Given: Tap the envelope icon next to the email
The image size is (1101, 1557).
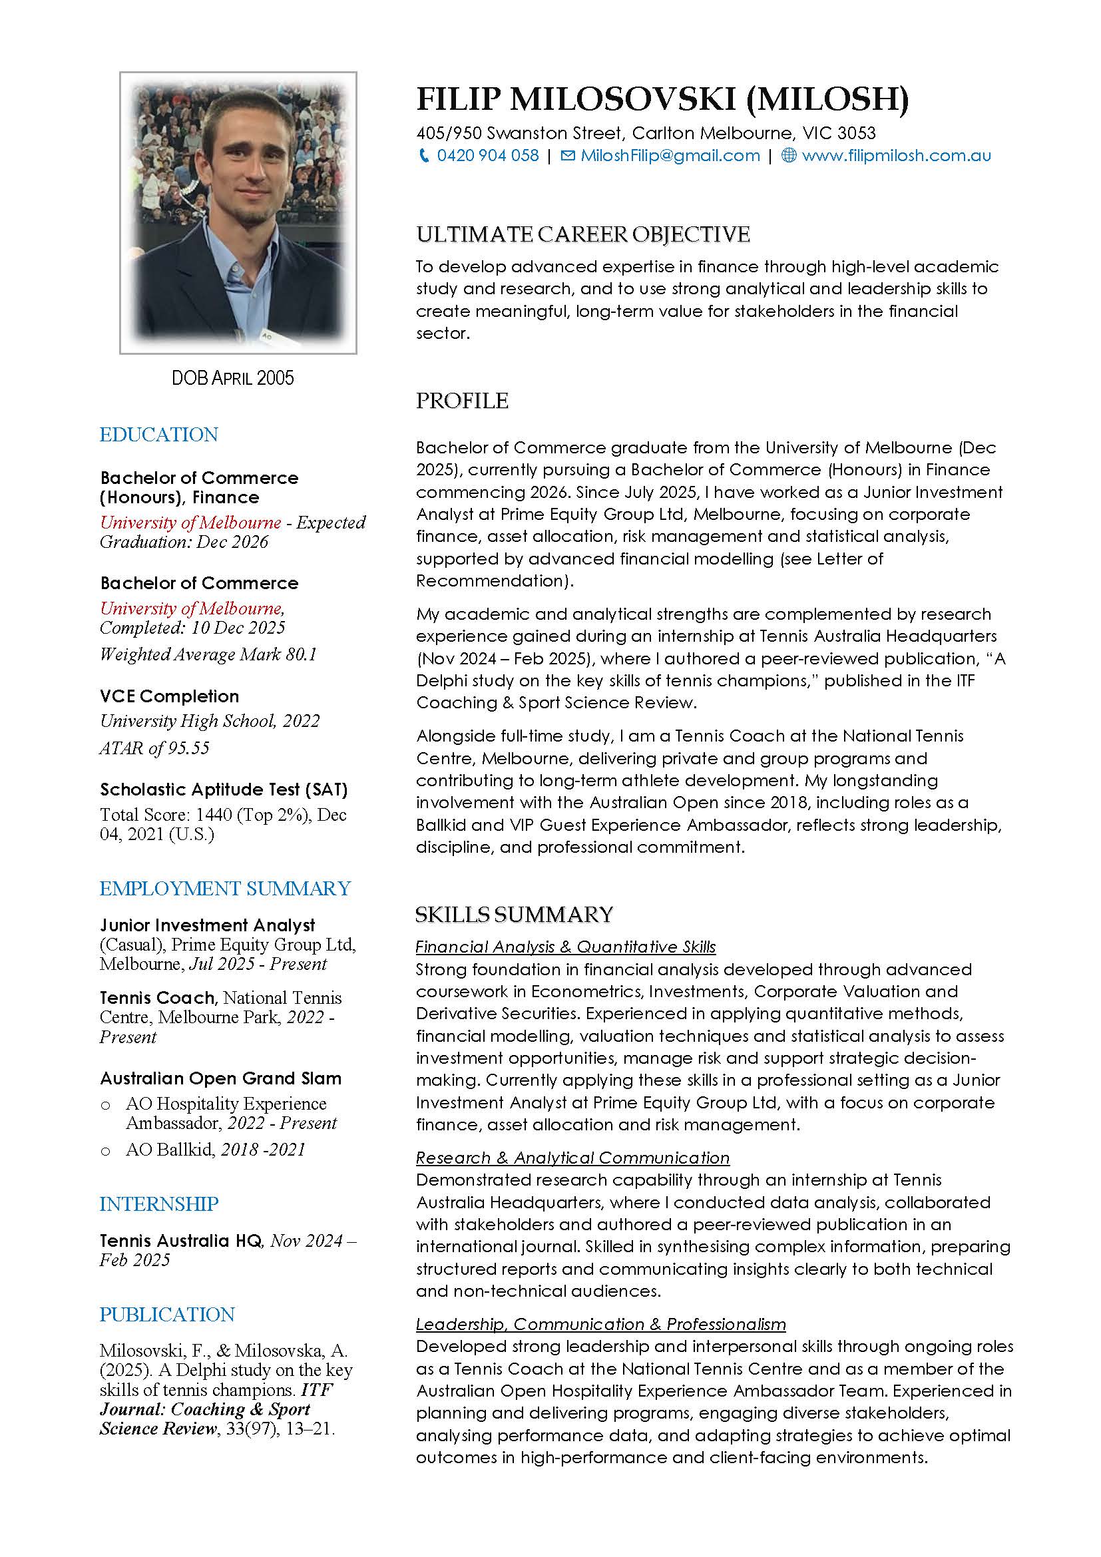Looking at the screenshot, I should click(x=568, y=156).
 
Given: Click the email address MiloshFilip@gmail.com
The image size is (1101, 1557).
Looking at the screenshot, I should click(x=670, y=156).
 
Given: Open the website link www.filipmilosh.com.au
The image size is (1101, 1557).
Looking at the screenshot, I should click(x=895, y=156).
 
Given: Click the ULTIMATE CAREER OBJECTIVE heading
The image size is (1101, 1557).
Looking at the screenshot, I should click(x=582, y=234).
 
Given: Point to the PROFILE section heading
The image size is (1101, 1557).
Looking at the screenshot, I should click(x=462, y=401).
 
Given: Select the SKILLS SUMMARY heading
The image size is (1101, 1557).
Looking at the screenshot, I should click(x=514, y=915).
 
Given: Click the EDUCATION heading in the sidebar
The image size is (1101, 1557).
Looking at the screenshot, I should click(x=158, y=435).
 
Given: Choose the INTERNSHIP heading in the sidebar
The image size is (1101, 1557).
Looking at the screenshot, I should click(x=158, y=1204).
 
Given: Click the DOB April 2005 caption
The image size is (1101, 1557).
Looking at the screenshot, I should click(x=232, y=377).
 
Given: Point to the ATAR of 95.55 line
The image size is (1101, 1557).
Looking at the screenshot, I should click(x=154, y=748).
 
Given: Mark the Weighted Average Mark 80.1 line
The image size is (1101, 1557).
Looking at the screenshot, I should click(x=208, y=654).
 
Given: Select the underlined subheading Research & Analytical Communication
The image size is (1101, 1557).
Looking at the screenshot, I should click(x=572, y=1158).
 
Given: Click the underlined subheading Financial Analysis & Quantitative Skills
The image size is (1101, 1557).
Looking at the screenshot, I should click(x=565, y=947).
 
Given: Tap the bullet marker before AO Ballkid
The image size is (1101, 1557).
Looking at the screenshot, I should click(x=105, y=1150).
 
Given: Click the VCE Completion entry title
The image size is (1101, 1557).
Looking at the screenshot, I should click(x=170, y=696).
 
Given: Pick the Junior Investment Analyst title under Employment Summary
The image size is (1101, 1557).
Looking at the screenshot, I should click(x=208, y=925).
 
